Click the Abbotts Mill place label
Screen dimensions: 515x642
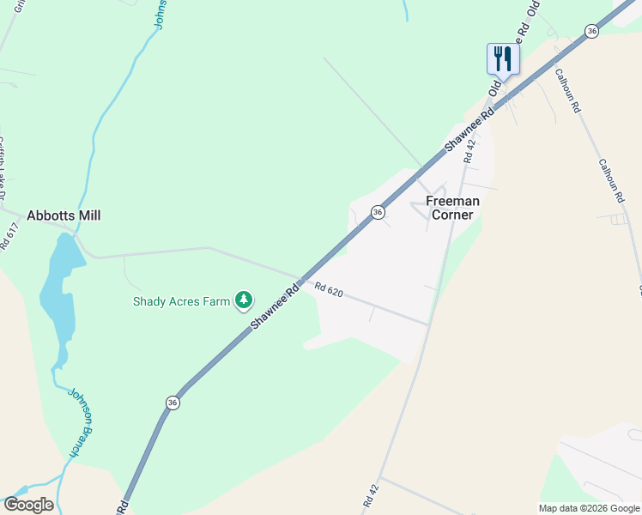[64, 215]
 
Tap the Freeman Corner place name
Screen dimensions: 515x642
[452, 208]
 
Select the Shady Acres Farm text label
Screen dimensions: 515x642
[181, 301]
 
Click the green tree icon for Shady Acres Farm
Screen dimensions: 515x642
[245, 299]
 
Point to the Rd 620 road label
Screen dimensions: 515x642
[329, 291]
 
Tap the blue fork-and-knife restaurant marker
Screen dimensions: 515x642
[503, 59]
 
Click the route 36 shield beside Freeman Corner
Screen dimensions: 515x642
[377, 212]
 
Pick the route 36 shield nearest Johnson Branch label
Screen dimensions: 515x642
[173, 403]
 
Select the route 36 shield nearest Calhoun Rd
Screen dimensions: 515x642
[591, 31]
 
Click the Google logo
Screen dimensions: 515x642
[28, 505]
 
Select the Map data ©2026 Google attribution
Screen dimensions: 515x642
[589, 508]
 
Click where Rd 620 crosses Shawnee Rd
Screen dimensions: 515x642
[301, 279]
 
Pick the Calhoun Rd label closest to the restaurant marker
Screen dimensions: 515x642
[568, 91]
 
